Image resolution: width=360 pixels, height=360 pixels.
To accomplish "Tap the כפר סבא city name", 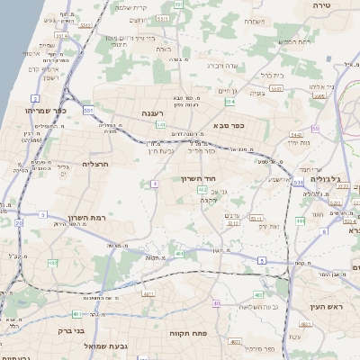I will [229, 127].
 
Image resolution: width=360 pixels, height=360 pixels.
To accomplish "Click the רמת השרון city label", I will [87, 218].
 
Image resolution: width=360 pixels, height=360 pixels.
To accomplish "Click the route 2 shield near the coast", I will [34, 98].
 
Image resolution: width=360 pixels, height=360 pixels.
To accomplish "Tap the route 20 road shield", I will [19, 222].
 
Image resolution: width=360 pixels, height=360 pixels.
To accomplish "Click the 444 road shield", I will [300, 220].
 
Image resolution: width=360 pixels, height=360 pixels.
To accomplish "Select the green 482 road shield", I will [53, 262].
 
